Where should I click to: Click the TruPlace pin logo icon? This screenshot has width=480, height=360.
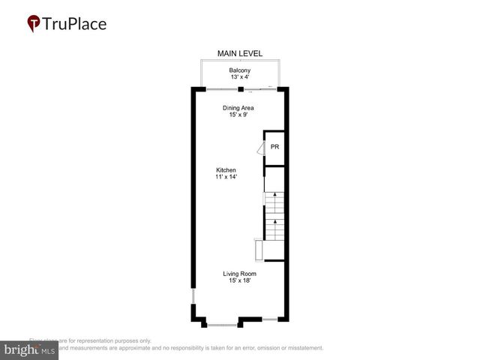click(34, 24)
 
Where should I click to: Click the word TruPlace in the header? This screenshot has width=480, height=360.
click(75, 24)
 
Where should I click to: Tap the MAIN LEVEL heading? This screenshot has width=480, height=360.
click(240, 53)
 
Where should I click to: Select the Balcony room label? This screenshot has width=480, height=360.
click(240, 70)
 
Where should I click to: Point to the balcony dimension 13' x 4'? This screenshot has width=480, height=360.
click(240, 77)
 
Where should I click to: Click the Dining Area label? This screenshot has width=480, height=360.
click(238, 107)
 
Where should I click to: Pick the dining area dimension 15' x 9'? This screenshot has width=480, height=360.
click(238, 114)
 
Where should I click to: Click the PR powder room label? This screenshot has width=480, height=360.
click(275, 146)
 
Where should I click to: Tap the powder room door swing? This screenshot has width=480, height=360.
click(260, 149)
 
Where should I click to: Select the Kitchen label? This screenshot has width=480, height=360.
click(226, 169)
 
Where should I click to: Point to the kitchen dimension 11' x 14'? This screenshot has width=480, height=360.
click(226, 176)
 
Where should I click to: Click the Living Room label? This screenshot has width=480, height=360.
click(239, 274)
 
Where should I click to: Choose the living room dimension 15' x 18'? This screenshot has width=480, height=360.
click(239, 280)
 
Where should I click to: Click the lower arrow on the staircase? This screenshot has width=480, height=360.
click(275, 223)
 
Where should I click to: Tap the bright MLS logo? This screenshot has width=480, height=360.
click(30, 350)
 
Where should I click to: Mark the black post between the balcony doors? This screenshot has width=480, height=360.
click(240, 89)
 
